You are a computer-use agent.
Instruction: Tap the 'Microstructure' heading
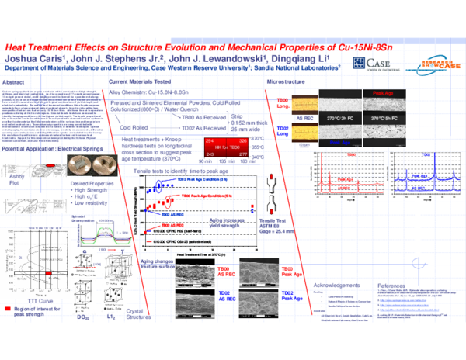pyautogui.click(x=285, y=81)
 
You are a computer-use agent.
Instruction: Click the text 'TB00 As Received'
pyautogui.click(x=185, y=116)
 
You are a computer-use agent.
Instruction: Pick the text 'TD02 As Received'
pyautogui.click(x=185, y=127)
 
